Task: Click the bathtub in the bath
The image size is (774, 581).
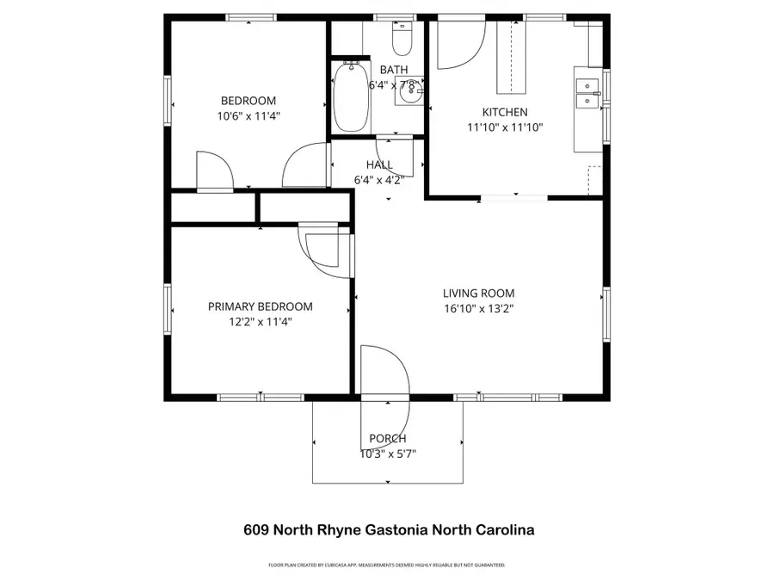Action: [350, 96]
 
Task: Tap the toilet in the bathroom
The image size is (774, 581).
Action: [402, 37]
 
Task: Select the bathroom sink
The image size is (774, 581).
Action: [409, 92]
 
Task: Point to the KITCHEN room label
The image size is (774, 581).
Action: [505, 112]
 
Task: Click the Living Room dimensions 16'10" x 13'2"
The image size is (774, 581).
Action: [479, 307]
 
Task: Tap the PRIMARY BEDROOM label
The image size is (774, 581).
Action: [261, 306]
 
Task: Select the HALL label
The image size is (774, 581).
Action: [379, 164]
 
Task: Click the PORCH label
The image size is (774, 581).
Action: [387, 438]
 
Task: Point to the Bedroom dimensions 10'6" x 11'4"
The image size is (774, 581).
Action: [249, 115]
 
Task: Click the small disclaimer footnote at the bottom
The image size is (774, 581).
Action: [387, 566]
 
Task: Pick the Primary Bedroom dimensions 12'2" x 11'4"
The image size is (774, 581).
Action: [261, 322]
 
